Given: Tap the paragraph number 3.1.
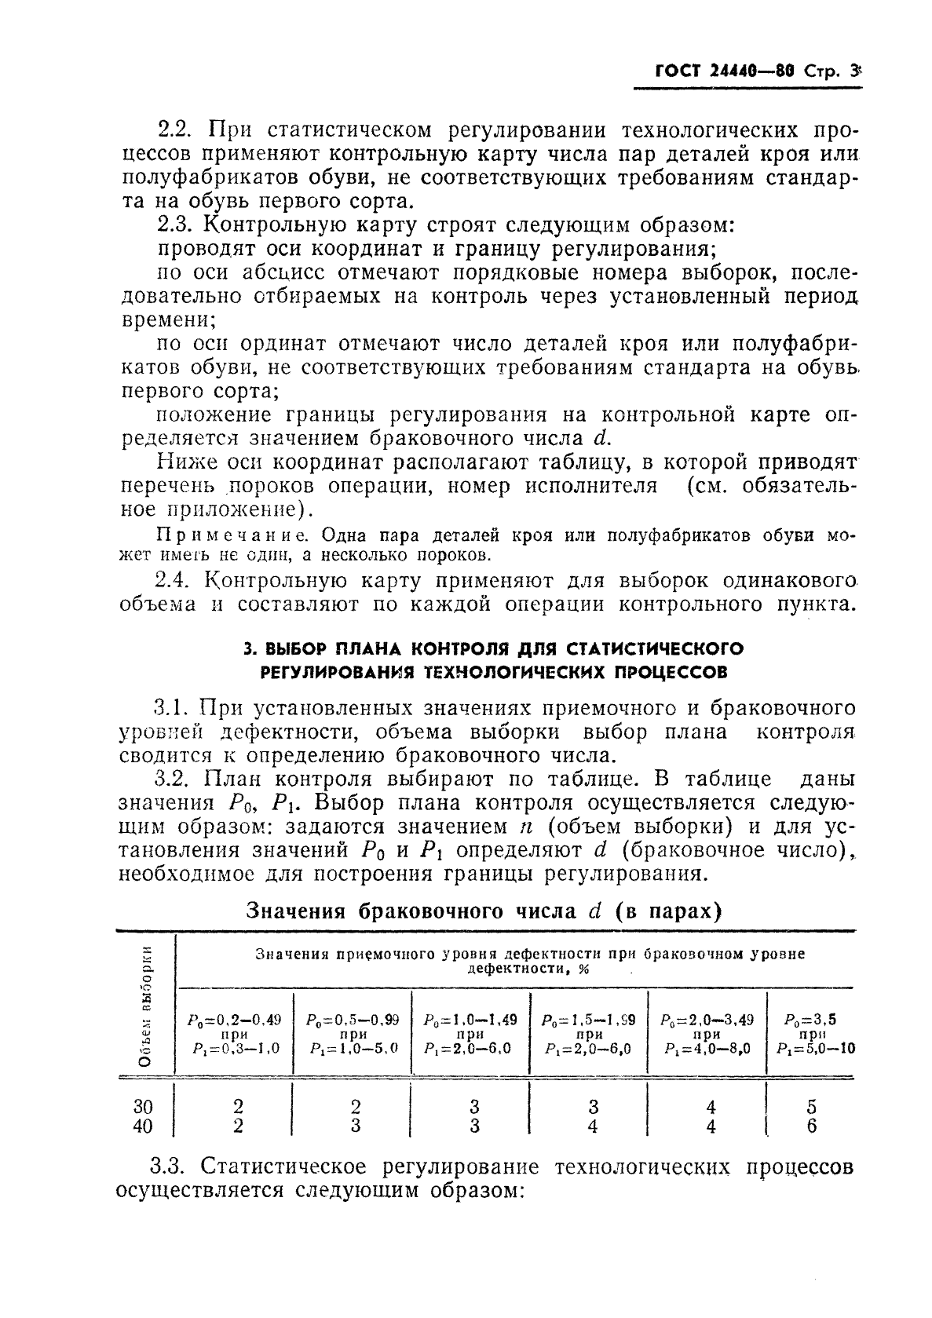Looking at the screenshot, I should point(169,708).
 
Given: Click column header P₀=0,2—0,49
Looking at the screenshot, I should point(233,1020).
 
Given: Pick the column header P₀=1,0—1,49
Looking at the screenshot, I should point(470,1020).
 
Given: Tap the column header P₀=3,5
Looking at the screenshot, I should point(810,1020).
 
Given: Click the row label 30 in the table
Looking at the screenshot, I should point(143,1107).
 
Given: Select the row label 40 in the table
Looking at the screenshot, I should point(143,1126).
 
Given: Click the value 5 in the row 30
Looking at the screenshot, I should point(811,1107).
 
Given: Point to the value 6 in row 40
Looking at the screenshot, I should point(811,1126).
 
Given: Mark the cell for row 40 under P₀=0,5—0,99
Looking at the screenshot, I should point(355,1126).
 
